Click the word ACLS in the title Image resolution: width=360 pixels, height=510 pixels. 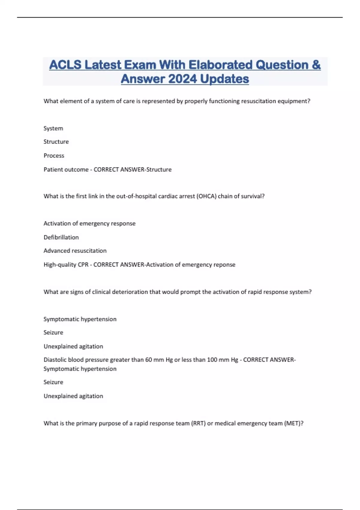click(x=65, y=65)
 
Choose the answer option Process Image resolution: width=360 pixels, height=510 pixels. click(x=54, y=156)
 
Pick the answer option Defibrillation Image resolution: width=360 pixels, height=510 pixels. click(x=61, y=237)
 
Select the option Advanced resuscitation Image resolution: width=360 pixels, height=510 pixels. click(x=75, y=251)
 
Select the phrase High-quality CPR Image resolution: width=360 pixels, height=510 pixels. click(x=66, y=265)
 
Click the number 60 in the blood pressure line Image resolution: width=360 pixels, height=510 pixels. click(x=148, y=360)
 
